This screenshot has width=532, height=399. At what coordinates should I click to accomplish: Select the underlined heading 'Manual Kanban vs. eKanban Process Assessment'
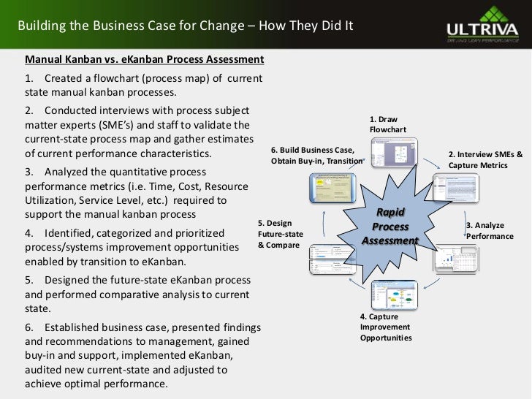145,58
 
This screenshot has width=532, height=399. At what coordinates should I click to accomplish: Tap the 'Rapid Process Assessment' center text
390,225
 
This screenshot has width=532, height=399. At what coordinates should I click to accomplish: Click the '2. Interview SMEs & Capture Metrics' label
486,160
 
